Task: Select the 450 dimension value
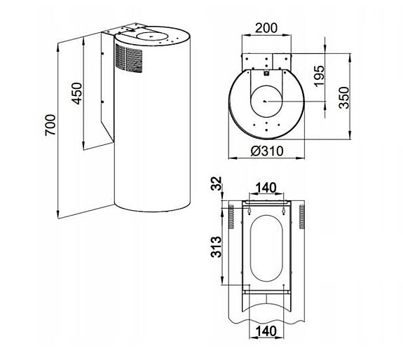point(77,92)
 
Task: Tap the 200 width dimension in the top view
point(264,28)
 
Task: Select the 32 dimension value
point(217,186)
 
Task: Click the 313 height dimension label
point(216,246)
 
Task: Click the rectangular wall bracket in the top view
point(264,62)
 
